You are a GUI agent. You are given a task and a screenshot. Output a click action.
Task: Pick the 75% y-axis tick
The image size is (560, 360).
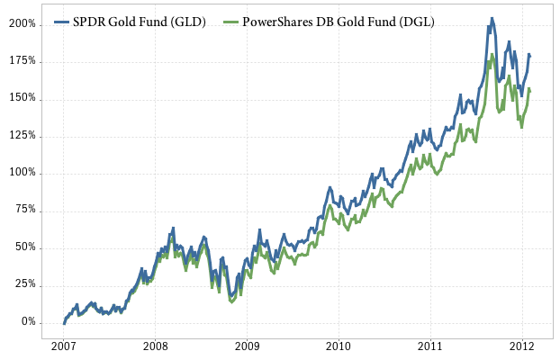tap(26, 211)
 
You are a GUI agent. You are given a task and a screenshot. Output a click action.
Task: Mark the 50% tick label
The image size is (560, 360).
tap(26, 247)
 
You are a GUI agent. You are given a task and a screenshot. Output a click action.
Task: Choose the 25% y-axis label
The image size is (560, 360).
tap(26, 284)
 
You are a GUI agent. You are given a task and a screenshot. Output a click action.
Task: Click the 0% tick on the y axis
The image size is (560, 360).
tap(29, 322)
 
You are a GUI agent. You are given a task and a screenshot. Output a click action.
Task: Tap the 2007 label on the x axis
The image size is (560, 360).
tap(64, 346)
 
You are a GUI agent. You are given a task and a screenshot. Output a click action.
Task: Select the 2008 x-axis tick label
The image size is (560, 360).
tap(156, 346)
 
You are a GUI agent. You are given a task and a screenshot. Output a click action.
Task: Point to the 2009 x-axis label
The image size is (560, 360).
tap(248, 346)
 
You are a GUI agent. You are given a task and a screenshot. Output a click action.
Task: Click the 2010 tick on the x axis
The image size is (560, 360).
tap(339, 346)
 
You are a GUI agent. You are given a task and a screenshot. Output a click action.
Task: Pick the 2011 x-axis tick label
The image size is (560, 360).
tap(431, 346)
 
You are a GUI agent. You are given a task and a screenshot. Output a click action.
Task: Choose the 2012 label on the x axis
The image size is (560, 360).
tap(523, 346)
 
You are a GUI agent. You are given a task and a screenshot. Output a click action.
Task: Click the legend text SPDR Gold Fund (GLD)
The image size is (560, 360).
tap(140, 22)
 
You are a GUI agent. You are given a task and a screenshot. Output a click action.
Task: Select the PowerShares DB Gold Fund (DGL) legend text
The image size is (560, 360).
tap(339, 22)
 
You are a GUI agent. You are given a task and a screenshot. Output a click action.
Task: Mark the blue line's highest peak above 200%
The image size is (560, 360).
tap(492, 18)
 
